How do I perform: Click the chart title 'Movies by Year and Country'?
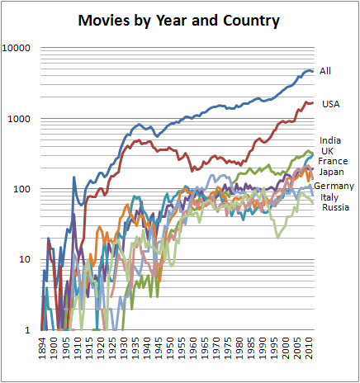(179, 18)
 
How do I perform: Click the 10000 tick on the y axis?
(17, 48)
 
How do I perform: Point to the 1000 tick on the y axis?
(20, 119)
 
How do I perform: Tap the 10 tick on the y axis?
(25, 260)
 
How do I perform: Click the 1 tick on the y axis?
(27, 330)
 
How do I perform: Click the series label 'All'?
(325, 72)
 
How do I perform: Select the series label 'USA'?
(329, 103)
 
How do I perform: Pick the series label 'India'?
(330, 140)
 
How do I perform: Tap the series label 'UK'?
(327, 151)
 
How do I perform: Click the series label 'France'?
(333, 162)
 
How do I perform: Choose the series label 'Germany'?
(334, 187)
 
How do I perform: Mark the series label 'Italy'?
(330, 197)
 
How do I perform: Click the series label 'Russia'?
(333, 207)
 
